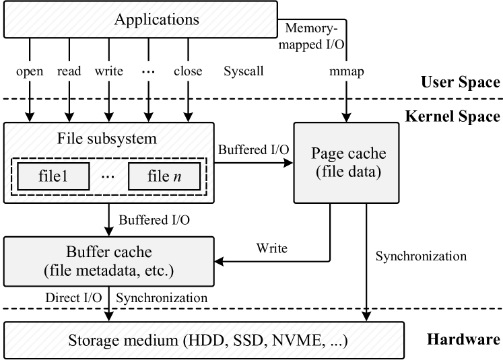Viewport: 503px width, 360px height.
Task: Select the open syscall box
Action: click(x=30, y=71)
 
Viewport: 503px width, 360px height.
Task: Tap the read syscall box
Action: click(x=69, y=71)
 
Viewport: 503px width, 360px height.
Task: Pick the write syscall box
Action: click(x=108, y=71)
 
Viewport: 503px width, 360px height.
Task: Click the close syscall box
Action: click(x=187, y=71)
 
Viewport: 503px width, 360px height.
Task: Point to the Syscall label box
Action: click(x=243, y=71)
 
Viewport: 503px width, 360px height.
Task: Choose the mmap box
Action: click(x=347, y=71)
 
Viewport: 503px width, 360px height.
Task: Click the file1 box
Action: click(x=53, y=177)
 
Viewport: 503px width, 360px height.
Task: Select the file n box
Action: click(x=164, y=177)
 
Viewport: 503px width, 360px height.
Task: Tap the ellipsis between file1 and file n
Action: click(x=109, y=177)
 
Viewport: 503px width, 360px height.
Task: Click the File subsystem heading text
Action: click(x=107, y=139)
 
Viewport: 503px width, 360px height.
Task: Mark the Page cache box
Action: click(x=346, y=162)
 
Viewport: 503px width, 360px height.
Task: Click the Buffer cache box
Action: click(x=109, y=261)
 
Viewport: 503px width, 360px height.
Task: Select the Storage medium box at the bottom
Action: click(x=204, y=340)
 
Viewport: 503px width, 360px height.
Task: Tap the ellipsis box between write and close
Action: click(x=147, y=71)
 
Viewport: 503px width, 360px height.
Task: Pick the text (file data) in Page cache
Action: click(x=348, y=172)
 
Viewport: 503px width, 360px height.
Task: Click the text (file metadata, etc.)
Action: click(x=109, y=271)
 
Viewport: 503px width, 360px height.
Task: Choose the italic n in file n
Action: click(x=178, y=178)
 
